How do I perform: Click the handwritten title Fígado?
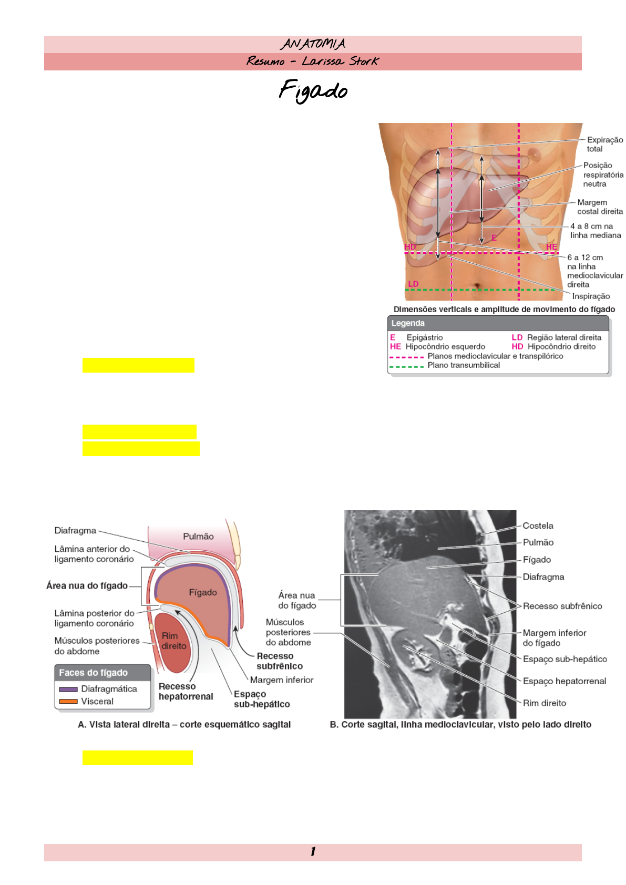pyautogui.click(x=313, y=90)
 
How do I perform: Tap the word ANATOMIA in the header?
pyautogui.click(x=313, y=44)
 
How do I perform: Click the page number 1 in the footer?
pyautogui.click(x=313, y=851)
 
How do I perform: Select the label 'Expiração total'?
pyautogui.click(x=604, y=144)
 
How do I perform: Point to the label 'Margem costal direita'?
pyautogui.click(x=600, y=207)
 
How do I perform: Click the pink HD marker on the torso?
pyautogui.click(x=410, y=246)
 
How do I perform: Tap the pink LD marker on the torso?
pyautogui.click(x=413, y=284)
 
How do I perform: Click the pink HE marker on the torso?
pyautogui.click(x=551, y=246)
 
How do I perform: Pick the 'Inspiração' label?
pyautogui.click(x=591, y=296)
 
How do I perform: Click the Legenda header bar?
pyautogui.click(x=497, y=323)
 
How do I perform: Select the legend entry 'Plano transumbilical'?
pyautogui.click(x=463, y=365)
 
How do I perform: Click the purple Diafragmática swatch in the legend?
pyautogui.click(x=68, y=689)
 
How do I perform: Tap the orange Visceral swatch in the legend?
pyautogui.click(x=68, y=701)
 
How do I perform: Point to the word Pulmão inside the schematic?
pyautogui.click(x=198, y=536)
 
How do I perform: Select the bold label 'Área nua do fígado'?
pyautogui.click(x=87, y=585)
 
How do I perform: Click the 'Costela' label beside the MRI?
pyautogui.click(x=538, y=526)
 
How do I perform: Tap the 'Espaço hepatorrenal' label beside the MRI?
pyautogui.click(x=564, y=681)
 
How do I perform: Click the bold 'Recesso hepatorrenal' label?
pyautogui.click(x=186, y=691)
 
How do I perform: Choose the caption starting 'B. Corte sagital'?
pyautogui.click(x=460, y=724)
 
